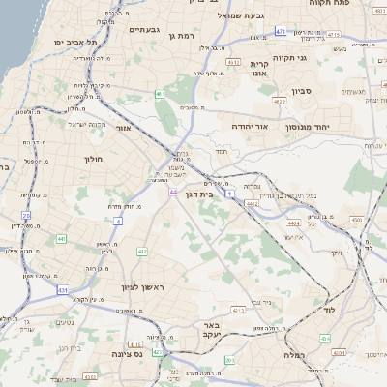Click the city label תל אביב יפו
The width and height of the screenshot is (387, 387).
coord(75,44)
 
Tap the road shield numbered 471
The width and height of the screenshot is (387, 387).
coord(280,32)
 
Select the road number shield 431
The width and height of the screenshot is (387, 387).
coord(63,289)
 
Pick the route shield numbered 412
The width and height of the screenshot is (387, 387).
coord(142,252)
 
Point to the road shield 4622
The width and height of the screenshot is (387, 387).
coord(280,101)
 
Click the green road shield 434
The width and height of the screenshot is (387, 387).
coord(325,339)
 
